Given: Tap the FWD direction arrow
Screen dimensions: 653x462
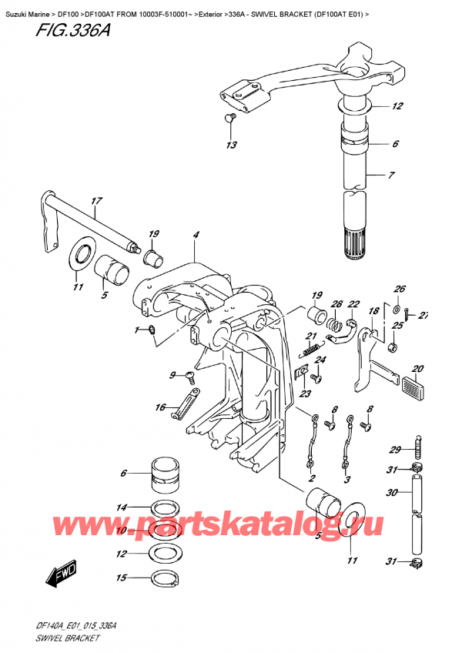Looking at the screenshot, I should (58, 574).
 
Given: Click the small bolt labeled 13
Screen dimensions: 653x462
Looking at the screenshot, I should (228, 117).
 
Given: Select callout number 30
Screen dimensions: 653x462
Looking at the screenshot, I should (392, 493).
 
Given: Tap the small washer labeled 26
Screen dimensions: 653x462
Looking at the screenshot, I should (397, 310).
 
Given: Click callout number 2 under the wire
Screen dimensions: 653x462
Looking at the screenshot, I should (313, 479).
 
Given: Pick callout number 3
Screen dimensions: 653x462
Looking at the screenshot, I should (347, 479).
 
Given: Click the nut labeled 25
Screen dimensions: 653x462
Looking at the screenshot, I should (393, 348).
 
